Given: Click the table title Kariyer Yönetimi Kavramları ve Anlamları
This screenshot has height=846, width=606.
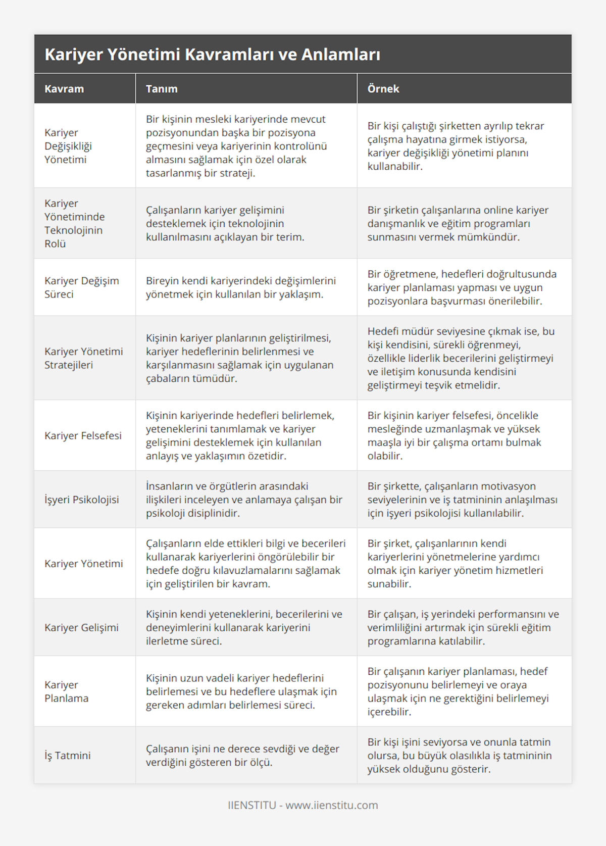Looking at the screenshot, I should (212, 54).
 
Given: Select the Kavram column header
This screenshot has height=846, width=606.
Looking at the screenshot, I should (64, 89).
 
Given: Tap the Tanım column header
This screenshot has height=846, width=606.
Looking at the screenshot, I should (162, 89).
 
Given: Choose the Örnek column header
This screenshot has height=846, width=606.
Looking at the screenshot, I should (383, 89).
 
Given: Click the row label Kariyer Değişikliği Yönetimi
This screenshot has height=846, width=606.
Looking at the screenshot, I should (68, 146).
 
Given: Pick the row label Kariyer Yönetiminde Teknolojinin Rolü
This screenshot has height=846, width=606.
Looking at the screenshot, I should (74, 223).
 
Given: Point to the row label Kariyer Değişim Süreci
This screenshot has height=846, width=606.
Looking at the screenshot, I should (81, 287).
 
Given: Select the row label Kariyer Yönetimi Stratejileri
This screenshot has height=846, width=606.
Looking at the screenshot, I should (83, 358).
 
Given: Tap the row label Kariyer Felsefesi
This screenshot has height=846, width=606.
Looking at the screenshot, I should (83, 435).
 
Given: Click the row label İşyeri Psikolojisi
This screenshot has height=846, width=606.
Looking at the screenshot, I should (81, 500).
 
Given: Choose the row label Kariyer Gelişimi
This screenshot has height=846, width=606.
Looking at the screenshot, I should (81, 627).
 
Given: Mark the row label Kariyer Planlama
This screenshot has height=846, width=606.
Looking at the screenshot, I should (66, 691).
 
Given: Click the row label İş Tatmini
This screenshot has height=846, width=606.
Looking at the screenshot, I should (67, 756).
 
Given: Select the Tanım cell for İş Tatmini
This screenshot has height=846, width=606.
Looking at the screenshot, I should (242, 756).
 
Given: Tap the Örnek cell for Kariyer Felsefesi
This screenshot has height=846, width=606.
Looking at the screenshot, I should (454, 435).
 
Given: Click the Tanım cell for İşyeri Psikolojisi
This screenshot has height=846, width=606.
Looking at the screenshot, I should (244, 500).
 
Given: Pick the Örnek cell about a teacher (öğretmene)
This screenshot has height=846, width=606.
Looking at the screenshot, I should (462, 287).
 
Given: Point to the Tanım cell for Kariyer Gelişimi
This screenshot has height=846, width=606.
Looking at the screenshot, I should (244, 627).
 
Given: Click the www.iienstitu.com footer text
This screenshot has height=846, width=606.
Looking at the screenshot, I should (331, 805).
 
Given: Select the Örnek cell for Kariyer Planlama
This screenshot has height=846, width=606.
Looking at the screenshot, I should (458, 691).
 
